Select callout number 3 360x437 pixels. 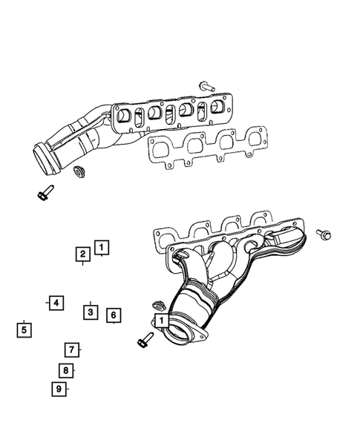pos(89,312)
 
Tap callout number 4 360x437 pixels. pos(56,302)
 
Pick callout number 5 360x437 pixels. pos(24,329)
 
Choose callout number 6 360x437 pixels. pos(113,316)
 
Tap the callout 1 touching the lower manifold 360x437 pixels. pos(160,320)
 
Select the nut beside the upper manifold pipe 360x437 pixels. pos(76,173)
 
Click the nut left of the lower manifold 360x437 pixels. pos(157,305)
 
